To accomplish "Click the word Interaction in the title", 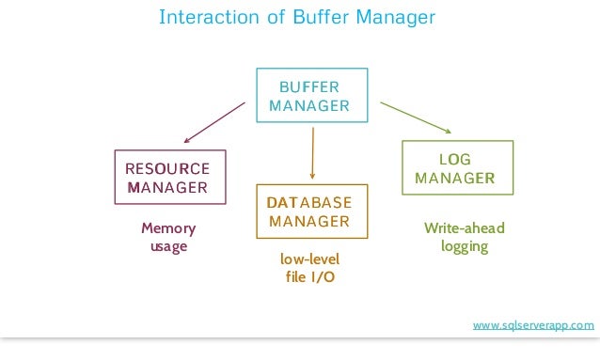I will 204,18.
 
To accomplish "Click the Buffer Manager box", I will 308,95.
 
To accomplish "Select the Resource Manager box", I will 169,177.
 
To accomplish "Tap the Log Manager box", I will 457,167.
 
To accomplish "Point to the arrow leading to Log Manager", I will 417,117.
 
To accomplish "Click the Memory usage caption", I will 169,237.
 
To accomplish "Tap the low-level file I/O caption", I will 309,267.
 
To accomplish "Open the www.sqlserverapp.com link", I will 533,325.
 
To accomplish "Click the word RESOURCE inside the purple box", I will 169,168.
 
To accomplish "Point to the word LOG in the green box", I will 455,159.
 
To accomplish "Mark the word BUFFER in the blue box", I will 308,86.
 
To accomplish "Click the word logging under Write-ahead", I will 464,246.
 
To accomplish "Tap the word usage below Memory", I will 169,246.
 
